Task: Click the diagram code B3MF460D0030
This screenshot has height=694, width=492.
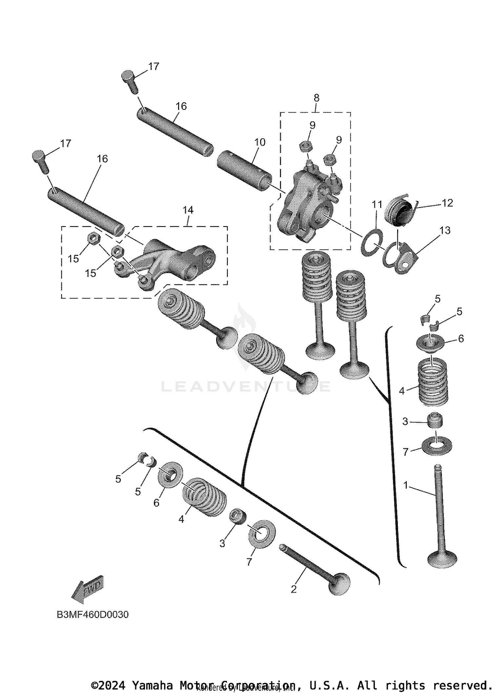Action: (x=93, y=615)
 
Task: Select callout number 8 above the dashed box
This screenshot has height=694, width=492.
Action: (x=316, y=98)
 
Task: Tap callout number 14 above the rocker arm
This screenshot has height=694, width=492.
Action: (x=188, y=210)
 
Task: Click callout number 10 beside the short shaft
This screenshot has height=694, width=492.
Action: (x=259, y=142)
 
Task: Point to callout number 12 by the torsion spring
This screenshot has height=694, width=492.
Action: (x=447, y=203)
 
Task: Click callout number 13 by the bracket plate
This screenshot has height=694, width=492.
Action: (x=445, y=230)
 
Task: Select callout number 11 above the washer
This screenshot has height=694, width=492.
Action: (x=377, y=205)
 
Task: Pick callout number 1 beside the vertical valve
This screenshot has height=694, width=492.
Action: (x=406, y=485)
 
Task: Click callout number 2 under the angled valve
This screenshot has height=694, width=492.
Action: (x=294, y=589)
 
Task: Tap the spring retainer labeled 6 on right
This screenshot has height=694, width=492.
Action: (x=430, y=344)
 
